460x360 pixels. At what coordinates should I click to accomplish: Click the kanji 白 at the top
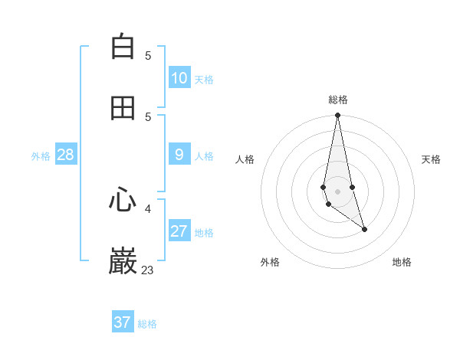click(123, 47)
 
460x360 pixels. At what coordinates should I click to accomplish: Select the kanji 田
click(123, 108)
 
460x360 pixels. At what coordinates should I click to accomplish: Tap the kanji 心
click(123, 201)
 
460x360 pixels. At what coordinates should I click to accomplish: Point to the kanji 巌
click(123, 262)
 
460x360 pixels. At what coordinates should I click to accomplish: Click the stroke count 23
click(148, 270)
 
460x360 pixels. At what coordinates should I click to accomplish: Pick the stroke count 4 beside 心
click(148, 208)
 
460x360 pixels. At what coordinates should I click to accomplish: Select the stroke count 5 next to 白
click(148, 55)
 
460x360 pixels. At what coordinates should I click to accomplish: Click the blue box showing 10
click(179, 78)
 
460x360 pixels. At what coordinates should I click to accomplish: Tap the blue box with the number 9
click(179, 155)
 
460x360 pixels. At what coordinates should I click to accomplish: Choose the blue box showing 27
click(179, 232)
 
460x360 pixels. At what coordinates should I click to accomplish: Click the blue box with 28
click(66, 155)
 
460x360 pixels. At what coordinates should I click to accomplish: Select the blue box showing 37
click(123, 322)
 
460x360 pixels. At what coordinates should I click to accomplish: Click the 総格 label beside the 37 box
click(147, 324)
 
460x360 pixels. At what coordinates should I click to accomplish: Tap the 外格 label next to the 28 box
click(41, 156)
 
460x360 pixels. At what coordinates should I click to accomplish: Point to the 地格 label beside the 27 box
click(204, 233)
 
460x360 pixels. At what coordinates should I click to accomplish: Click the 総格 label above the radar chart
click(338, 100)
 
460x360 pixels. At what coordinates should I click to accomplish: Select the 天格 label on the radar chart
click(431, 159)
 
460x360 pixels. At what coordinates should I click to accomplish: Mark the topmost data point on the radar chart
click(337, 116)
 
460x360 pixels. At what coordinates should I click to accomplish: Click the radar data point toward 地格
click(364, 229)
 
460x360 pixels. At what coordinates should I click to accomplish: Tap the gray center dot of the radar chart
click(337, 191)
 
